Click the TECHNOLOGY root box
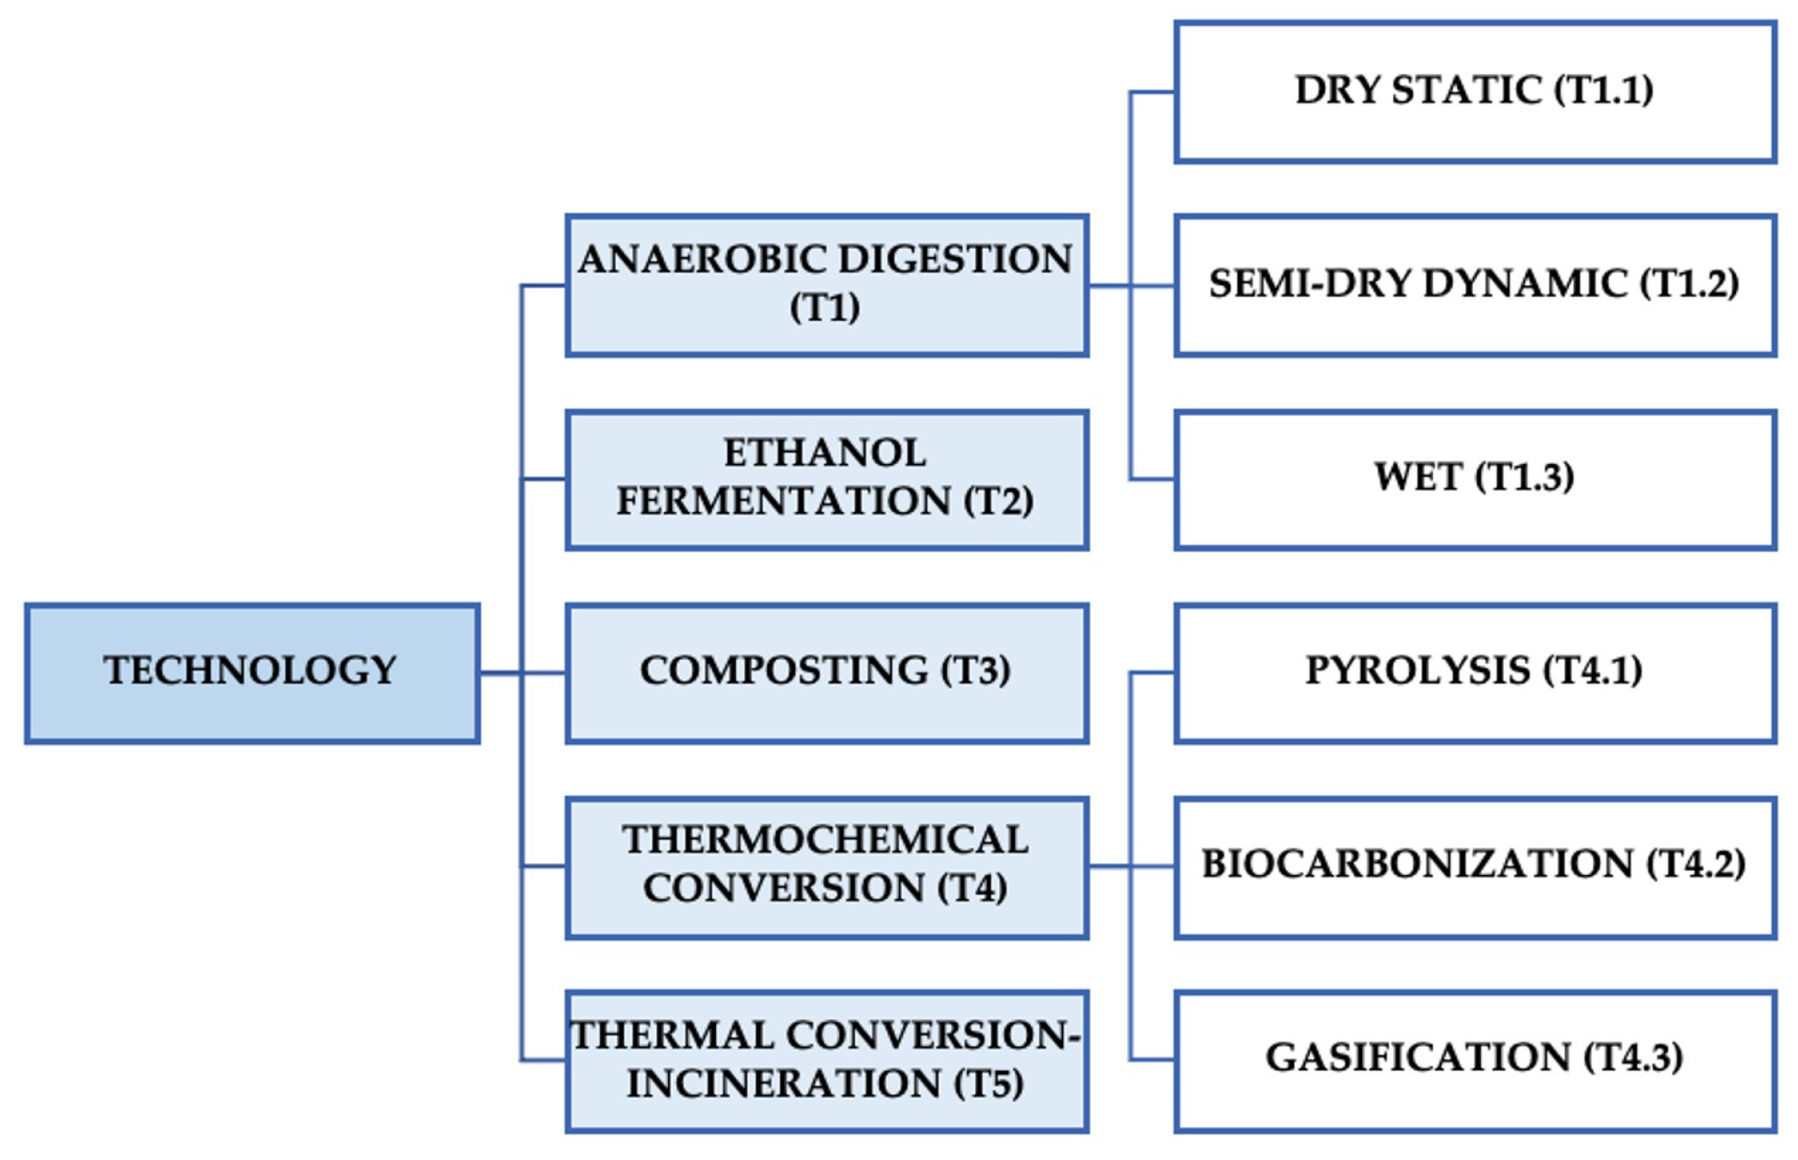(x=252, y=672)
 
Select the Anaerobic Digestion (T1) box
(x=827, y=286)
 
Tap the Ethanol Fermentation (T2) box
(x=827, y=480)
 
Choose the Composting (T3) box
(x=827, y=672)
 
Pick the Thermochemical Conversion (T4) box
(x=827, y=867)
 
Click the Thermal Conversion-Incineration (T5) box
(x=827, y=1060)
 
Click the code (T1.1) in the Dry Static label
(x=1603, y=90)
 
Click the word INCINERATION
(x=783, y=1083)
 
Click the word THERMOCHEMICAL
(x=825, y=840)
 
